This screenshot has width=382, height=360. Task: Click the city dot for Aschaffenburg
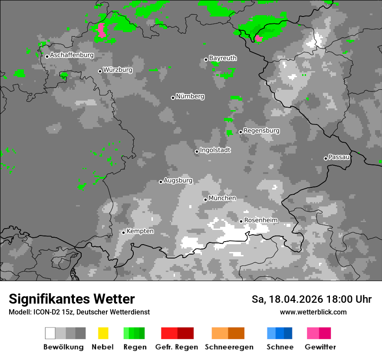tap(47, 56)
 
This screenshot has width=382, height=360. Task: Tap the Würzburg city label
tap(118, 70)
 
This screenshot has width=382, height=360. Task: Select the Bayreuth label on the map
tap(223, 58)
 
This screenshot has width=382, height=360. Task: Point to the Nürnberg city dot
tap(173, 98)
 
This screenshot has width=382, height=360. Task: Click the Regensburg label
tap(261, 131)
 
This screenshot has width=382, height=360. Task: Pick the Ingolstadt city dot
tap(197, 151)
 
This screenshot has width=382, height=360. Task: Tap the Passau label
tap(339, 157)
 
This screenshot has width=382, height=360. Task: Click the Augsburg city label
tap(178, 180)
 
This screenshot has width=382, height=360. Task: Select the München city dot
tap(205, 200)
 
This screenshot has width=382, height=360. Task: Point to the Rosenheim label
tap(261, 220)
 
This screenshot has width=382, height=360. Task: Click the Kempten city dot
tap(123, 232)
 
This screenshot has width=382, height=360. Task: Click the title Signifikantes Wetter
tap(72, 299)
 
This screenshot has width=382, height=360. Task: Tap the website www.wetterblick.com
tap(313, 312)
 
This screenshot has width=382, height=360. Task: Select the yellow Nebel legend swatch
tap(103, 333)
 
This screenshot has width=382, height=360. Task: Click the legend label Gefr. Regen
tap(177, 347)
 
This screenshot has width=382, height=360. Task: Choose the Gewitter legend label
tap(320, 347)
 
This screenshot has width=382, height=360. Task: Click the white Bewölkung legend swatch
tap(50, 333)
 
